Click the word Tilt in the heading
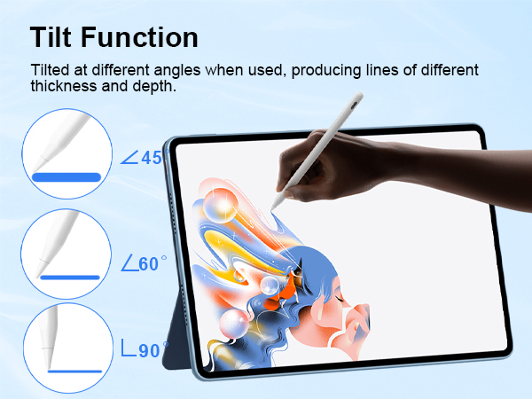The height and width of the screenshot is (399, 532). tap(58, 37)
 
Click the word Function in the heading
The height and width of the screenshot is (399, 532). tap(146, 37)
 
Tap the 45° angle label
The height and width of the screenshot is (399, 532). tap(143, 158)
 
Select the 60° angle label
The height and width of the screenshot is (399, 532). tap(143, 263)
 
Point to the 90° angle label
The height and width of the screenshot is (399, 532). tap(143, 350)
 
